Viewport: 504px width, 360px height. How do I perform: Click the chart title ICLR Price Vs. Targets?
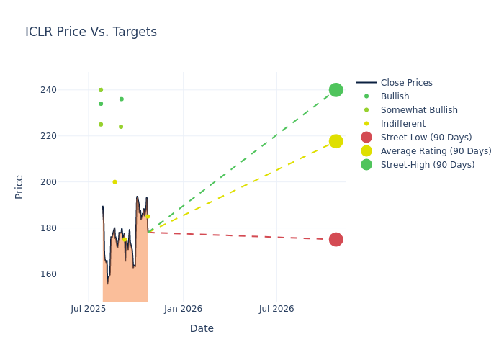[x=91, y=32]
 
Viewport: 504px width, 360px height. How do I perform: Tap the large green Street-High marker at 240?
[x=336, y=90]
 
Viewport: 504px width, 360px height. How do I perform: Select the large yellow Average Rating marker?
[x=336, y=141]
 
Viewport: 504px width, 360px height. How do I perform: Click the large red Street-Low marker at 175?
[x=336, y=239]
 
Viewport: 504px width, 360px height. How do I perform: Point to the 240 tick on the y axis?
[x=68, y=90]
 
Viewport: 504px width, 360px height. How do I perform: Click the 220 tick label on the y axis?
[x=68, y=136]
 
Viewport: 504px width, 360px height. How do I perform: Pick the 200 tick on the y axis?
[x=68, y=182]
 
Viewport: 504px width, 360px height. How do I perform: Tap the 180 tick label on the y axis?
[x=68, y=228]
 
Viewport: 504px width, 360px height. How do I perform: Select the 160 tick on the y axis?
[x=68, y=274]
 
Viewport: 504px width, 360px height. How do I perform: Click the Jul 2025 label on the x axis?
[x=89, y=309]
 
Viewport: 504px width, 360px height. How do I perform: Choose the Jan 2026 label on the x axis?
[x=183, y=309]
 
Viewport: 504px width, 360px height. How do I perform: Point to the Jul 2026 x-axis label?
[x=276, y=309]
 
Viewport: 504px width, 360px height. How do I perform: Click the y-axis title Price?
[x=19, y=186]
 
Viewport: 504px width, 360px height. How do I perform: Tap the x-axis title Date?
[x=202, y=328]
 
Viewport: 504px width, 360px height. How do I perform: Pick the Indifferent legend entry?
[x=402, y=124]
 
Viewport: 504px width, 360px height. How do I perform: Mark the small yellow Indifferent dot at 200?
[x=114, y=182]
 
